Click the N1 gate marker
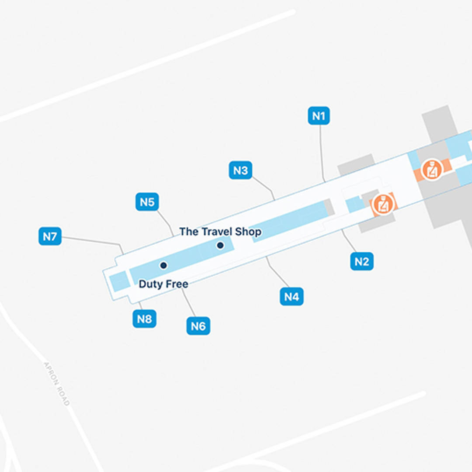pos(319,116)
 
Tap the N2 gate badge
pos(362,261)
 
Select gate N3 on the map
pos(240,170)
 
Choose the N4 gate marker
pos(292,297)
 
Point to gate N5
pos(147,202)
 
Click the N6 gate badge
pos(198,326)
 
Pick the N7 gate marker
pos(50,236)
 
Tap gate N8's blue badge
pos(144,319)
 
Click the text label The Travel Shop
pos(220,232)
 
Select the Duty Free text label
pos(163,284)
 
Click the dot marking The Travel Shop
pos(220,246)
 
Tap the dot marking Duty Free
pos(163,265)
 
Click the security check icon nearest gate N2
pos(383,204)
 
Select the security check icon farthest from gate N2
pos(432,169)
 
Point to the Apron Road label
pos(56,384)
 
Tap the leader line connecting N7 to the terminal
pos(92,240)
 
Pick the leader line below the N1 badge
pos(321,153)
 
